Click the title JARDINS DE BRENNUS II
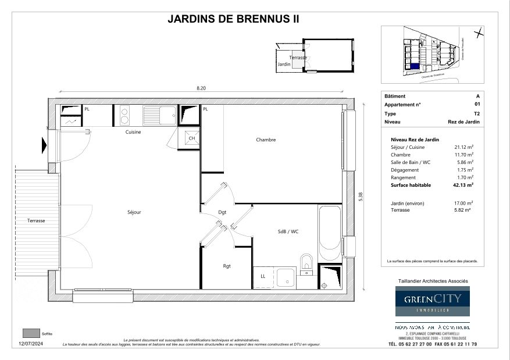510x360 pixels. (x=233, y=19)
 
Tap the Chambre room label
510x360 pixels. (x=265, y=140)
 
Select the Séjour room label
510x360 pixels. (x=134, y=212)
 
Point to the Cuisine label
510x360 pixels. (x=133, y=132)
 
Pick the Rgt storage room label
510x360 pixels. (x=227, y=266)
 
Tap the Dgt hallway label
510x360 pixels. (x=222, y=212)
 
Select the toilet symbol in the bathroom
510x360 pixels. (x=306, y=262)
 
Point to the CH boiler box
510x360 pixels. (x=191, y=138)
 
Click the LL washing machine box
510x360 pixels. (x=263, y=277)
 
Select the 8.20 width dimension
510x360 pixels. (x=201, y=88)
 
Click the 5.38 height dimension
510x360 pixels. (x=361, y=197)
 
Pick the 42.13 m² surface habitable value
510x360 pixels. (x=463, y=185)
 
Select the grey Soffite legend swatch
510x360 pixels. (x=30, y=333)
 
